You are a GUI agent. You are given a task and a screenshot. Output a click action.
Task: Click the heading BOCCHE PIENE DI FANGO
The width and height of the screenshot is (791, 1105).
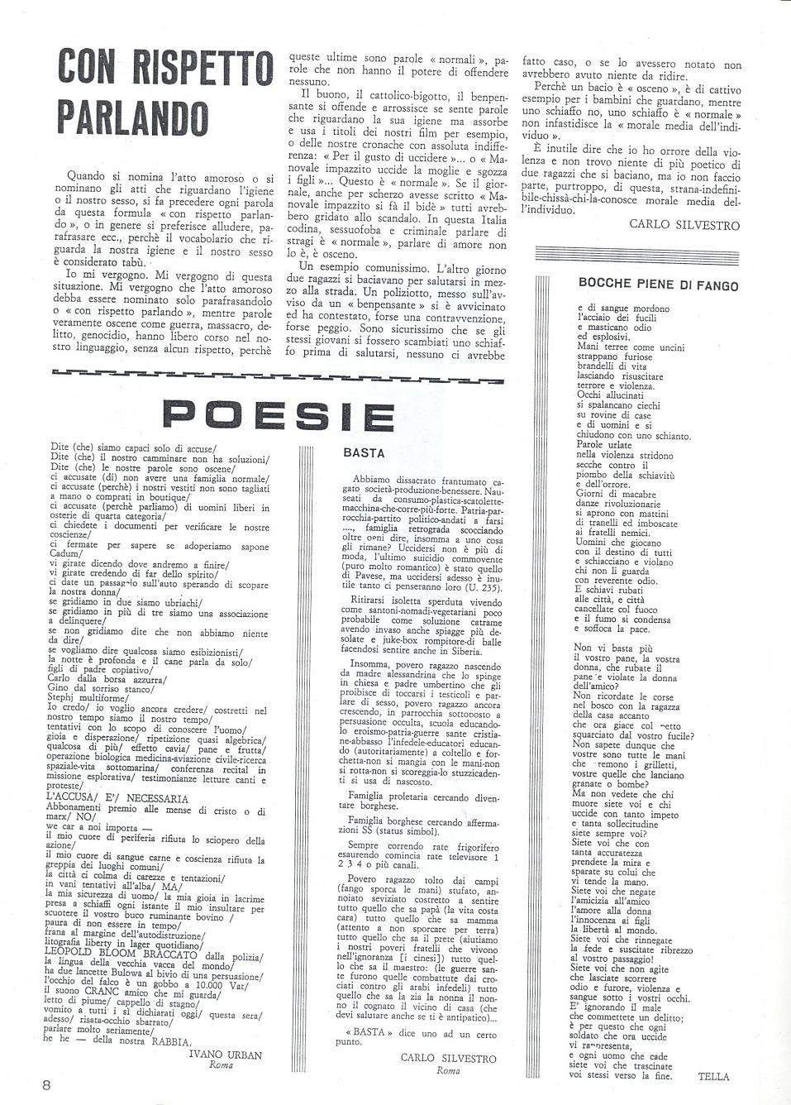point(658,286)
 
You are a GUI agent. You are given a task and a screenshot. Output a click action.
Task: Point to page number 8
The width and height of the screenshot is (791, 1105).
point(49,1084)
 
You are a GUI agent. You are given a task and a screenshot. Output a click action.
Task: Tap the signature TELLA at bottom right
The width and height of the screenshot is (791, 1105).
point(713,1076)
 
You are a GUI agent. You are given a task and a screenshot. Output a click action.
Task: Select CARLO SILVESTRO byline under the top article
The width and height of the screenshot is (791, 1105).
point(684,224)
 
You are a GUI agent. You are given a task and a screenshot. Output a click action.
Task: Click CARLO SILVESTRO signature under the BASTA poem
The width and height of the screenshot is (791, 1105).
point(448,1058)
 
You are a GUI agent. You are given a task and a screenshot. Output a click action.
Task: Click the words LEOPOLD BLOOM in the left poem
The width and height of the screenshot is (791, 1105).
point(85,951)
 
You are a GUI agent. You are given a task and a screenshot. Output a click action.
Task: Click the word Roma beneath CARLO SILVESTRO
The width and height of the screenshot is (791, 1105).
point(447,1070)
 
